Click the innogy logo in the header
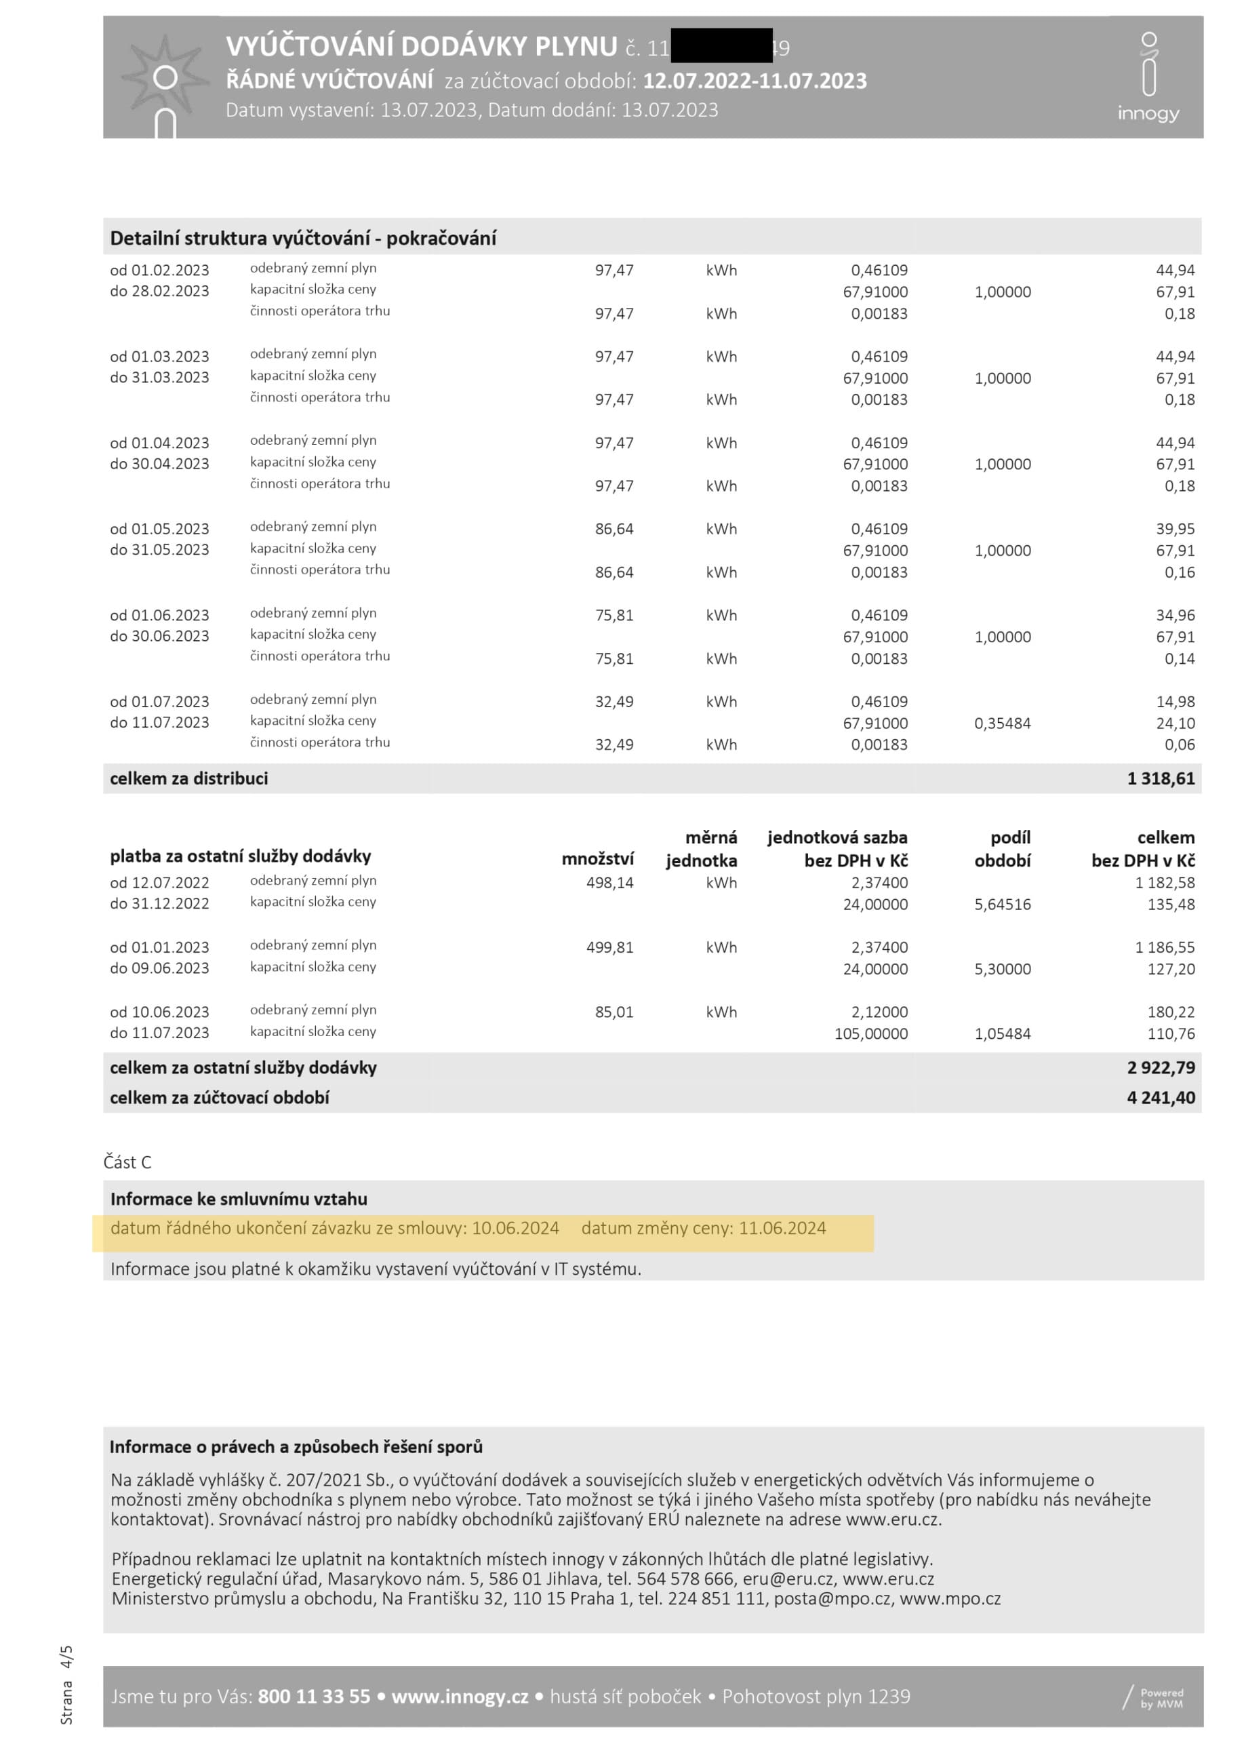pos(1148,77)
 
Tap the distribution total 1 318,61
pos(1160,778)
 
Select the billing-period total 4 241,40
pos(1160,1097)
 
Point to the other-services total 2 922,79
pos(1160,1067)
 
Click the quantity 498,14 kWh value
pos(609,883)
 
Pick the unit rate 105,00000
pos(870,1033)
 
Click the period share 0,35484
pos(1002,724)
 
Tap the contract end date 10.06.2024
pos(515,1228)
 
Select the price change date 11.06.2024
pos(782,1228)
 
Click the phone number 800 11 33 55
pos(314,1696)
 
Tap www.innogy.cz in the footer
pos(460,1696)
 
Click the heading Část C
pos(127,1162)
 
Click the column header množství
pos(597,859)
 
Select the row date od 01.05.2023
pos(160,529)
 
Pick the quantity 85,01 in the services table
pos(614,1012)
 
